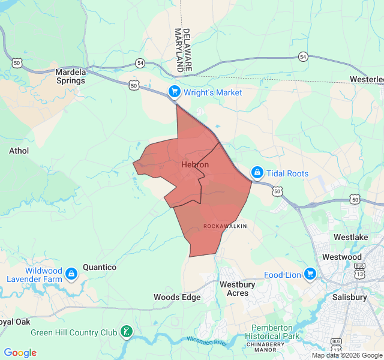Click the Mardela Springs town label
coord(71,76)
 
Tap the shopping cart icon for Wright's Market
coord(174,92)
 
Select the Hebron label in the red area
coord(195,164)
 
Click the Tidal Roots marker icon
coord(257,173)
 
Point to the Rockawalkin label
coord(225,226)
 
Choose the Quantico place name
coord(100,267)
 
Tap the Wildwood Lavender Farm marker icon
coord(71,274)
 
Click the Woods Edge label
coord(177,297)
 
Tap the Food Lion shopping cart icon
coord(310,274)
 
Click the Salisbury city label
coord(349,297)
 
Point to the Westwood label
coord(342,257)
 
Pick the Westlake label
coord(351,238)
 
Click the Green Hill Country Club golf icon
coord(126,331)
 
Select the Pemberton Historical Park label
coord(275,332)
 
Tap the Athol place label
coord(19,151)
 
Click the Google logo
coord(20,353)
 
